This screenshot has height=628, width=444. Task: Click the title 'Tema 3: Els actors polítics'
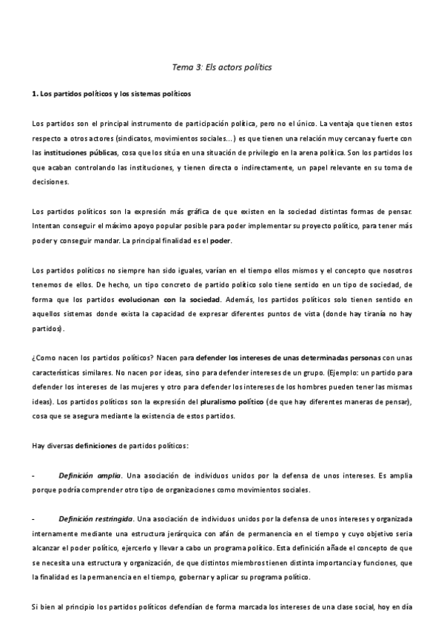pos(222,67)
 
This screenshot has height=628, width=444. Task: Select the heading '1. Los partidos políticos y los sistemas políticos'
pos(111,95)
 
